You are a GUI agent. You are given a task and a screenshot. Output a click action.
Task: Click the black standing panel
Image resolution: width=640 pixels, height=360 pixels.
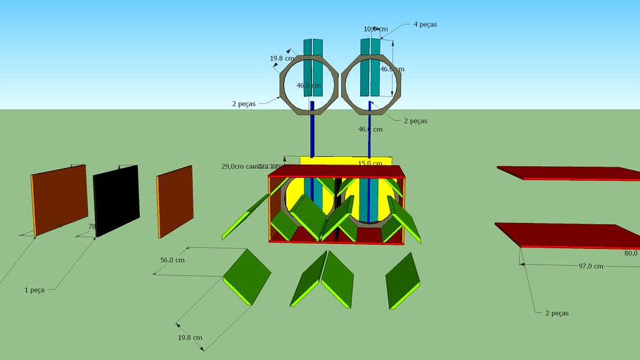[116, 200]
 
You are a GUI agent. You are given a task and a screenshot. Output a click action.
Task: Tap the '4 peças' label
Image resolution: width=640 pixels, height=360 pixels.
[425, 24]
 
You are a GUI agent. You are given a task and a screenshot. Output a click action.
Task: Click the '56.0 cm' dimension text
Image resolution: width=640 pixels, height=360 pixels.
[172, 259]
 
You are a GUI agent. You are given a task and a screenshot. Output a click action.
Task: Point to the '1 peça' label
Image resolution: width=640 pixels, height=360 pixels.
[34, 290]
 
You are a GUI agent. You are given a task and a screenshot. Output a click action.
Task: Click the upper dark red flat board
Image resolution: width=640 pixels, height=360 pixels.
[570, 172]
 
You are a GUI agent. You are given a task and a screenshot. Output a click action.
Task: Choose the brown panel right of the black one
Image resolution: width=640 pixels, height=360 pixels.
[175, 201]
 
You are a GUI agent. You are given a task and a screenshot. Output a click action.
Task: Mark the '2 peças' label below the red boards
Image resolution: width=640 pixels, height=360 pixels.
[557, 313]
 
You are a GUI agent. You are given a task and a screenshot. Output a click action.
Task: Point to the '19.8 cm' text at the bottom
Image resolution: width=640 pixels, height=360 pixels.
[190, 338]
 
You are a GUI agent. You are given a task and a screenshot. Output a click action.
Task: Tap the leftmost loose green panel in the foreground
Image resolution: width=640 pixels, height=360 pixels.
[247, 276]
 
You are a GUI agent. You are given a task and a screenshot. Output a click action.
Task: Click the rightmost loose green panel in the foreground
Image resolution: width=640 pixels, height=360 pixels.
[402, 279]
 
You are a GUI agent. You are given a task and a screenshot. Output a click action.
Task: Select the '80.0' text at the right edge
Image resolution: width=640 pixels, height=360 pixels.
[629, 253]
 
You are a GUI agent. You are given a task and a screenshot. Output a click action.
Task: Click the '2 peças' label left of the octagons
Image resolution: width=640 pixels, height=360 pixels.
[243, 103]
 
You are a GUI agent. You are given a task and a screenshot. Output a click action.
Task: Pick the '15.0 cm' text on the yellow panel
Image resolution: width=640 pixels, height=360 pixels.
[370, 163]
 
